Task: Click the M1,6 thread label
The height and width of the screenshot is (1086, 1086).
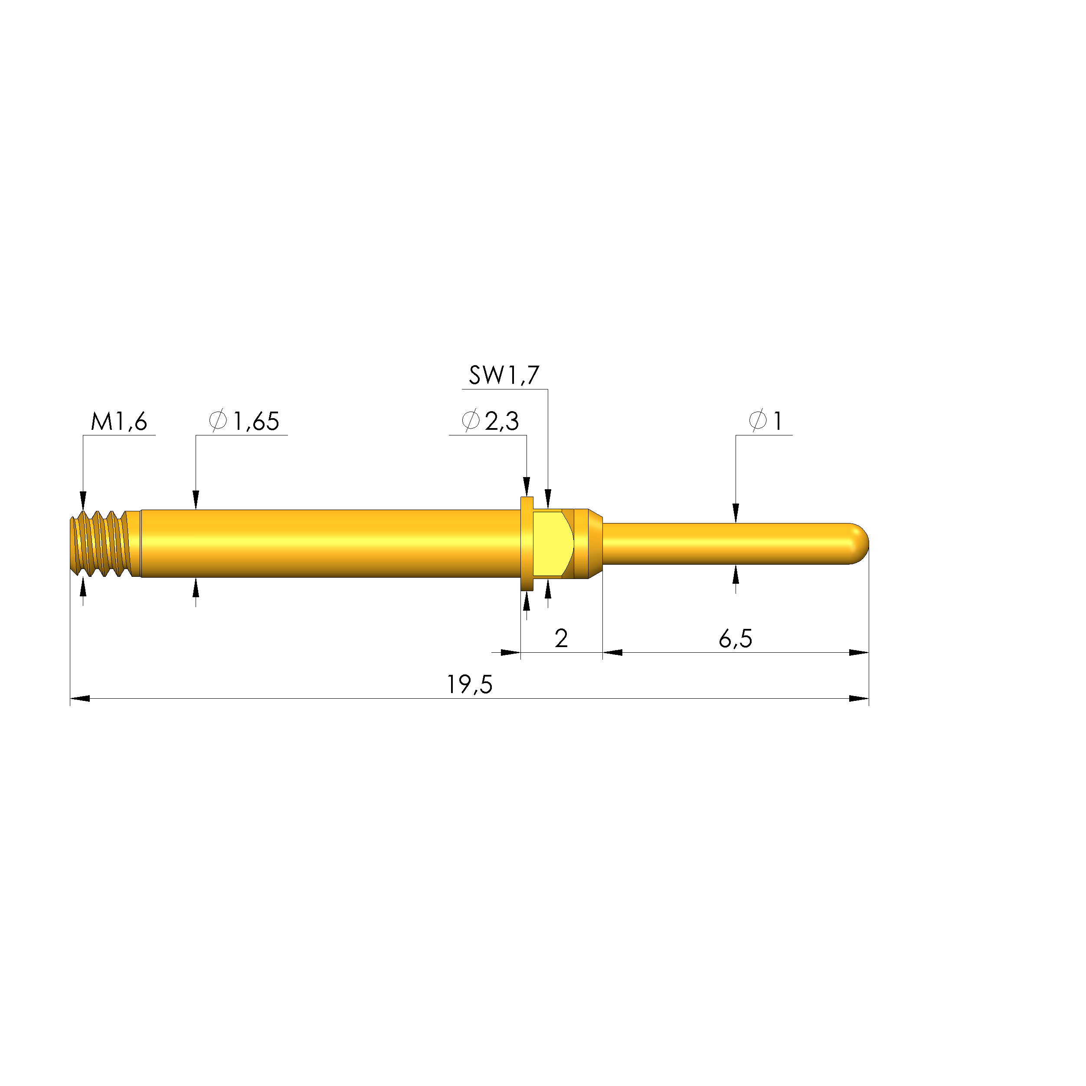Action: [119, 422]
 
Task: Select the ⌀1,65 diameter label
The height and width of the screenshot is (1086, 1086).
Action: [244, 421]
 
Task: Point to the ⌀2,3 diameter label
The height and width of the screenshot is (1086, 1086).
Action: [490, 421]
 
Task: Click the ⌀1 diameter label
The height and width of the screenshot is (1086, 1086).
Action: [765, 421]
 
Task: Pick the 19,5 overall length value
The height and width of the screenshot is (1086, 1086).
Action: [469, 685]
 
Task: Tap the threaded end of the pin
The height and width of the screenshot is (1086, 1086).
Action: [105, 543]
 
